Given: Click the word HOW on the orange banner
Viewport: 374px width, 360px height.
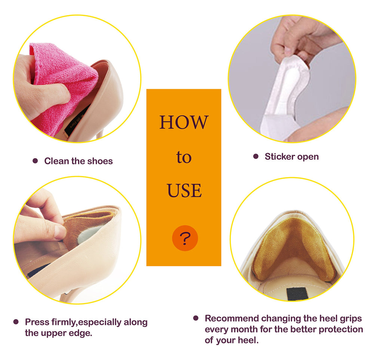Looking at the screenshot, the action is click(184, 122).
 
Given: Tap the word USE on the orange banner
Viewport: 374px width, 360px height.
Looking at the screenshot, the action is click(184, 190).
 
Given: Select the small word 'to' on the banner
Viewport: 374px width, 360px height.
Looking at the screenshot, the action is click(184, 157).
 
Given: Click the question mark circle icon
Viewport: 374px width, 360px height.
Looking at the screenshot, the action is click(185, 238).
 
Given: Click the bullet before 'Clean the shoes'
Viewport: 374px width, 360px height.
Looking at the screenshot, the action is click(35, 161).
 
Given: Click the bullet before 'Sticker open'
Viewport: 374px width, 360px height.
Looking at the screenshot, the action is click(256, 156).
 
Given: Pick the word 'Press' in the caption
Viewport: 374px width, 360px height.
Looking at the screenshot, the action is click(37, 322).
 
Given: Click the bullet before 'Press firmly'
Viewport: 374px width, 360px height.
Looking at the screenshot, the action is click(16, 322).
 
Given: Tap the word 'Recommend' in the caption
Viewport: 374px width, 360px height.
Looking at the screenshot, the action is click(232, 318).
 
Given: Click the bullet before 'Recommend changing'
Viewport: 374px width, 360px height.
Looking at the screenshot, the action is click(196, 318).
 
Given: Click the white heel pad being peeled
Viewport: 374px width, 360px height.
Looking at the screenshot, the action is click(284, 95).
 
